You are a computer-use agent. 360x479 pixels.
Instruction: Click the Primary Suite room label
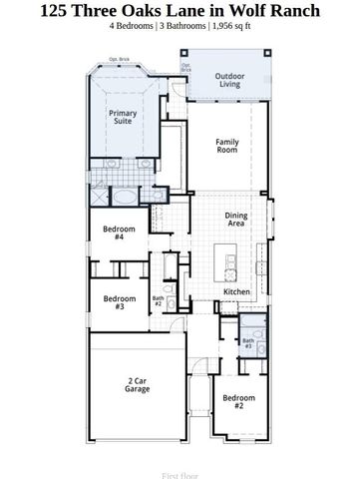(123, 118)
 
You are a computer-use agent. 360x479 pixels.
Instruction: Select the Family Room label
(227, 146)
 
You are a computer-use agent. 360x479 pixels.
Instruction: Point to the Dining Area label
(235, 220)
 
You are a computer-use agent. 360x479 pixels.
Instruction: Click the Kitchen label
(236, 291)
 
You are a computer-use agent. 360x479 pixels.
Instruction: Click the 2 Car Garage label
(138, 384)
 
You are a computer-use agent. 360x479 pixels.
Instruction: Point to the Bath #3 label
(247, 344)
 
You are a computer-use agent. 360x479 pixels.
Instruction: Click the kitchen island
(230, 267)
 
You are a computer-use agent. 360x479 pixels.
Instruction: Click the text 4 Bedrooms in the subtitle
(134, 27)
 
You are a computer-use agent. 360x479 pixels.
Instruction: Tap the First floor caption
(180, 463)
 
